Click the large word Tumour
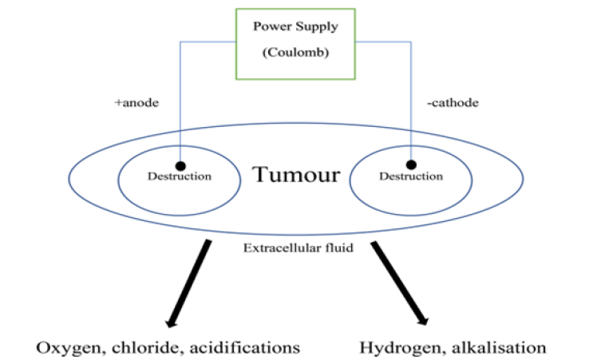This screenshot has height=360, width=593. tap(295, 174)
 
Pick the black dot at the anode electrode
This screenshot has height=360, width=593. tap(180, 164)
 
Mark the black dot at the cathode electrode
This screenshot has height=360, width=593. tap(411, 164)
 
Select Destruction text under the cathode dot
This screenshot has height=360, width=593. tap(409, 176)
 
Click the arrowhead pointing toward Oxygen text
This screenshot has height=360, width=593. tap(170, 321)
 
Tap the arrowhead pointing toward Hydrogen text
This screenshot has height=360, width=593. tap(422, 321)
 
